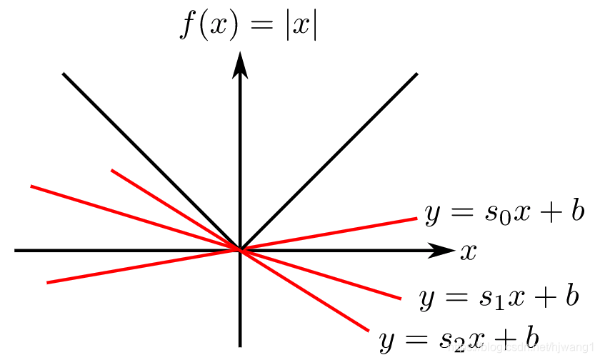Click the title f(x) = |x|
(x=247, y=26)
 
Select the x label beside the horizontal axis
(x=468, y=251)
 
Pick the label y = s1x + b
(x=499, y=297)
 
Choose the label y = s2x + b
(x=459, y=338)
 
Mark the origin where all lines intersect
(x=240, y=250)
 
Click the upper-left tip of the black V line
(x=64, y=74)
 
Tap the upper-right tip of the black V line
(x=416, y=74)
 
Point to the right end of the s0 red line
(x=416, y=219)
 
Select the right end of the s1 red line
(x=401, y=298)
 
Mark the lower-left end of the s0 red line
(x=47, y=283)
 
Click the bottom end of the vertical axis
(x=240, y=346)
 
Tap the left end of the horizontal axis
(x=15, y=251)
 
